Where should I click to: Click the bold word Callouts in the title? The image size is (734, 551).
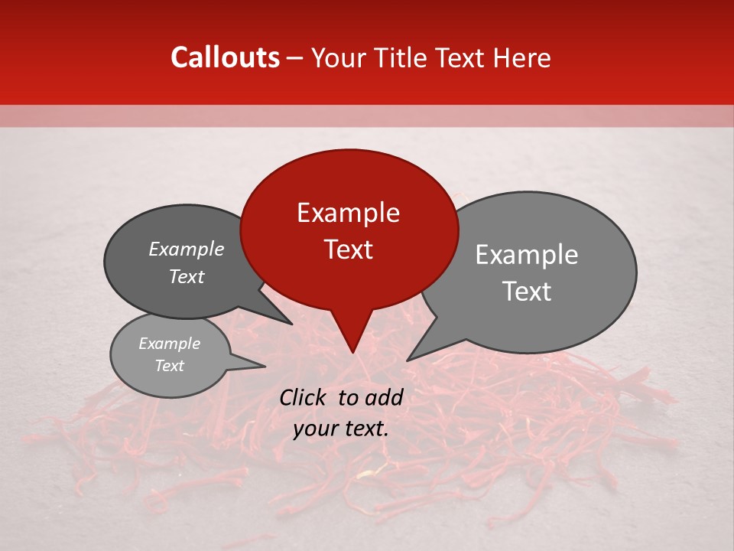coord(225,57)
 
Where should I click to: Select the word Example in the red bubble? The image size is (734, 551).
coord(348,213)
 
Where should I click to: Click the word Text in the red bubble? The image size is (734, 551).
coord(348,249)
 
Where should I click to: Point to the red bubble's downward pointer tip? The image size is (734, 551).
coord(352,352)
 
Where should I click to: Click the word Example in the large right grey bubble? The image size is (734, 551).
coord(527,255)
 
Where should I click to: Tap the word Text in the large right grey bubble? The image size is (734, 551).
coord(527,292)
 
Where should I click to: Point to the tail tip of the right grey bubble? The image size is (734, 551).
coord(408,360)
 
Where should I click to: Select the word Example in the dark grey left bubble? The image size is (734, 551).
coord(187,249)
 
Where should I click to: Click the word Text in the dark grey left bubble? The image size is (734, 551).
coord(187,276)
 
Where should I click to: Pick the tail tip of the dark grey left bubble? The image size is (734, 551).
coord(292,324)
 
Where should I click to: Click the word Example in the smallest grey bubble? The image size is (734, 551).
coord(169,344)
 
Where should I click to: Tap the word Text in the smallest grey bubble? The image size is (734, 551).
coord(169,366)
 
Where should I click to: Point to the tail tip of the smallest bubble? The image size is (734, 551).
coord(265,366)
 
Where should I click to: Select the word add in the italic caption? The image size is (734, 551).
coord(385,397)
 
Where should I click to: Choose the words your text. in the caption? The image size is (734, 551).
coord(341,429)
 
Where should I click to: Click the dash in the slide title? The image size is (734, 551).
coord(296,58)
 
